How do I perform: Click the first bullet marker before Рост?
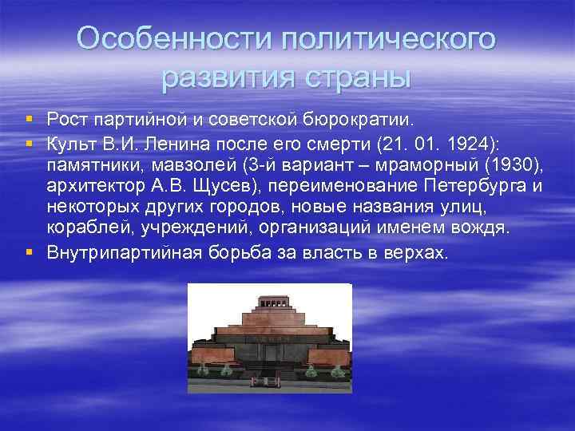[x=30, y=120]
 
